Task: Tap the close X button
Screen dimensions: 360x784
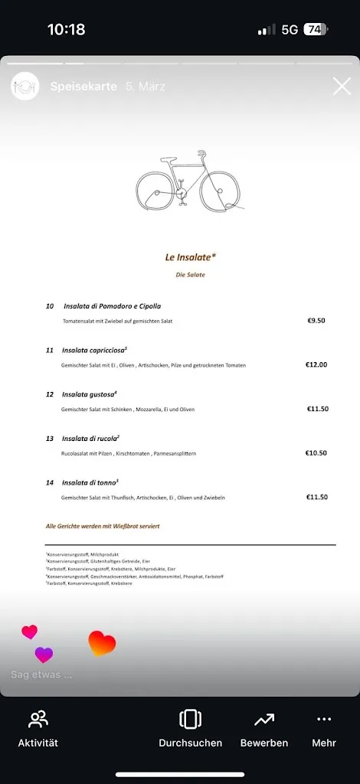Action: tap(342, 87)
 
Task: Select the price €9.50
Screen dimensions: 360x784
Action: tap(316, 321)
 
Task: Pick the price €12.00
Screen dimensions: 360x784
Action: tap(316, 364)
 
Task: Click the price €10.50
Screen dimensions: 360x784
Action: tap(316, 453)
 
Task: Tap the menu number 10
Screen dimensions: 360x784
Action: tap(50, 306)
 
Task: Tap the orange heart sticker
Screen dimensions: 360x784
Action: tap(102, 643)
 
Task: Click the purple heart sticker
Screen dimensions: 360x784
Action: tap(44, 655)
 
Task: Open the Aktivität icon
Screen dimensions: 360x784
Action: tap(38, 720)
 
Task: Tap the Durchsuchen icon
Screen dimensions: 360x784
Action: tap(190, 720)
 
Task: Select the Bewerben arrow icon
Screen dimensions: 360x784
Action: tap(264, 720)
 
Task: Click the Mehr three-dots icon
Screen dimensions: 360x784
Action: tap(324, 720)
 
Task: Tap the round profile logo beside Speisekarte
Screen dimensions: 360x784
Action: tap(25, 87)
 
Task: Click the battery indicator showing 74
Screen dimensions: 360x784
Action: tap(315, 30)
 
